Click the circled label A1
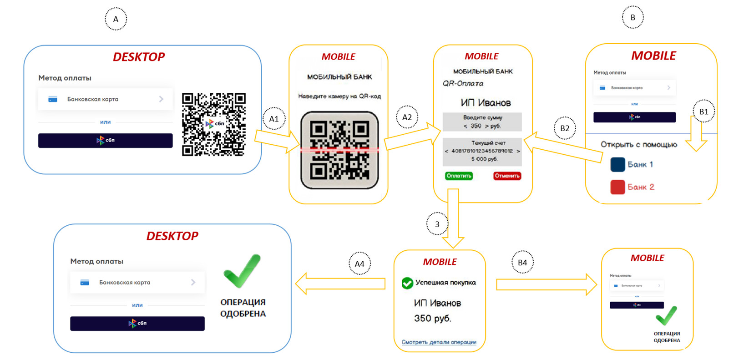[273, 119]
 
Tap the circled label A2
[407, 117]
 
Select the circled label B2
[565, 128]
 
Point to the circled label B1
[704, 112]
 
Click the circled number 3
[437, 224]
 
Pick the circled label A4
[359, 264]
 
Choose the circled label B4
[522, 263]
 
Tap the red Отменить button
[507, 176]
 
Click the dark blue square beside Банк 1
[617, 164]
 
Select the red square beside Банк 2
[617, 187]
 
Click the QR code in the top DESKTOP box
[214, 124]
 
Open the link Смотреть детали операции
[439, 342]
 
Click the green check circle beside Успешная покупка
[407, 283]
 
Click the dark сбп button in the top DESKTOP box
[105, 140]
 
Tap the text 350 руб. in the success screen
[432, 319]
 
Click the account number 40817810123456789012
[482, 151]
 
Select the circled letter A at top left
[116, 19]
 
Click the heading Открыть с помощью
[638, 145]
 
